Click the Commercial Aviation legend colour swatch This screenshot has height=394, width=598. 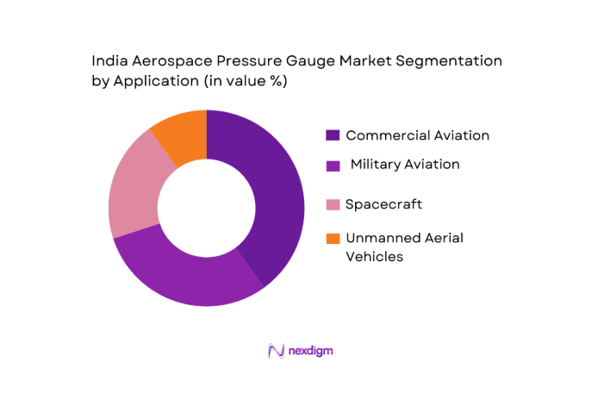tap(332, 135)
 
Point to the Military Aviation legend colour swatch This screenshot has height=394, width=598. tap(332, 164)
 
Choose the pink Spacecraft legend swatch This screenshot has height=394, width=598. tap(332, 204)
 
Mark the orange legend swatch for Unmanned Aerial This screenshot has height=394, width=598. tap(332, 238)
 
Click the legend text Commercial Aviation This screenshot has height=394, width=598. tap(417, 135)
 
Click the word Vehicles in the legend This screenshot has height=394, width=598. tap(374, 256)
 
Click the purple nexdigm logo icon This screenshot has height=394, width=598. tap(276, 351)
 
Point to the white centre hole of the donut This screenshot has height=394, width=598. tap(206, 208)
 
